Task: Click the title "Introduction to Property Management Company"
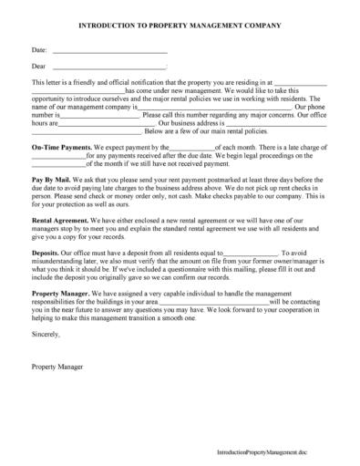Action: (180, 28)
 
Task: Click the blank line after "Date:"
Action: (109, 52)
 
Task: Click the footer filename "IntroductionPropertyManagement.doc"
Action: (282, 451)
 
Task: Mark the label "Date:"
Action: (39, 52)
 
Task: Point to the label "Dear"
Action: (38, 67)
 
